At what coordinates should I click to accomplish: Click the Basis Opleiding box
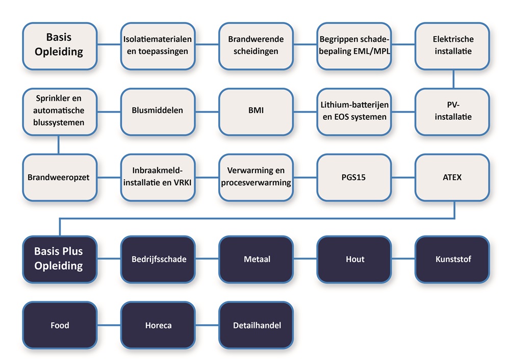point(60,45)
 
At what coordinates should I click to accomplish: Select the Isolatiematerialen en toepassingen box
point(158,45)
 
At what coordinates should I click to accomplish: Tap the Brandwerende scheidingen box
point(256,45)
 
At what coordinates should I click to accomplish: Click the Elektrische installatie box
point(452,45)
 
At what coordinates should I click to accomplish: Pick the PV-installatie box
point(452,111)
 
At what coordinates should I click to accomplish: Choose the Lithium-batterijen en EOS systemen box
point(354,111)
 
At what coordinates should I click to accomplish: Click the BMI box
point(256,111)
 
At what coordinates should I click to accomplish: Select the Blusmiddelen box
point(158,111)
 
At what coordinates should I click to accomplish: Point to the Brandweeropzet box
point(60,177)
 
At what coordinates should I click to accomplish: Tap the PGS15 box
point(354,177)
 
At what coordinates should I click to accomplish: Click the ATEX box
point(452,177)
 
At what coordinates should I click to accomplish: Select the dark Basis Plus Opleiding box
point(60,259)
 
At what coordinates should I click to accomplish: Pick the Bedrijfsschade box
point(158,259)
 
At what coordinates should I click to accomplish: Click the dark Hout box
point(354,259)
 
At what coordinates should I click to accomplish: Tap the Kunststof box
point(452,259)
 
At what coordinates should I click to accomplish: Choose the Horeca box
point(158,325)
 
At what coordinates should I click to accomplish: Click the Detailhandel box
point(256,325)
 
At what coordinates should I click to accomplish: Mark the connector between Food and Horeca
point(109,325)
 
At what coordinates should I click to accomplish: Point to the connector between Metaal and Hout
point(305,259)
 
